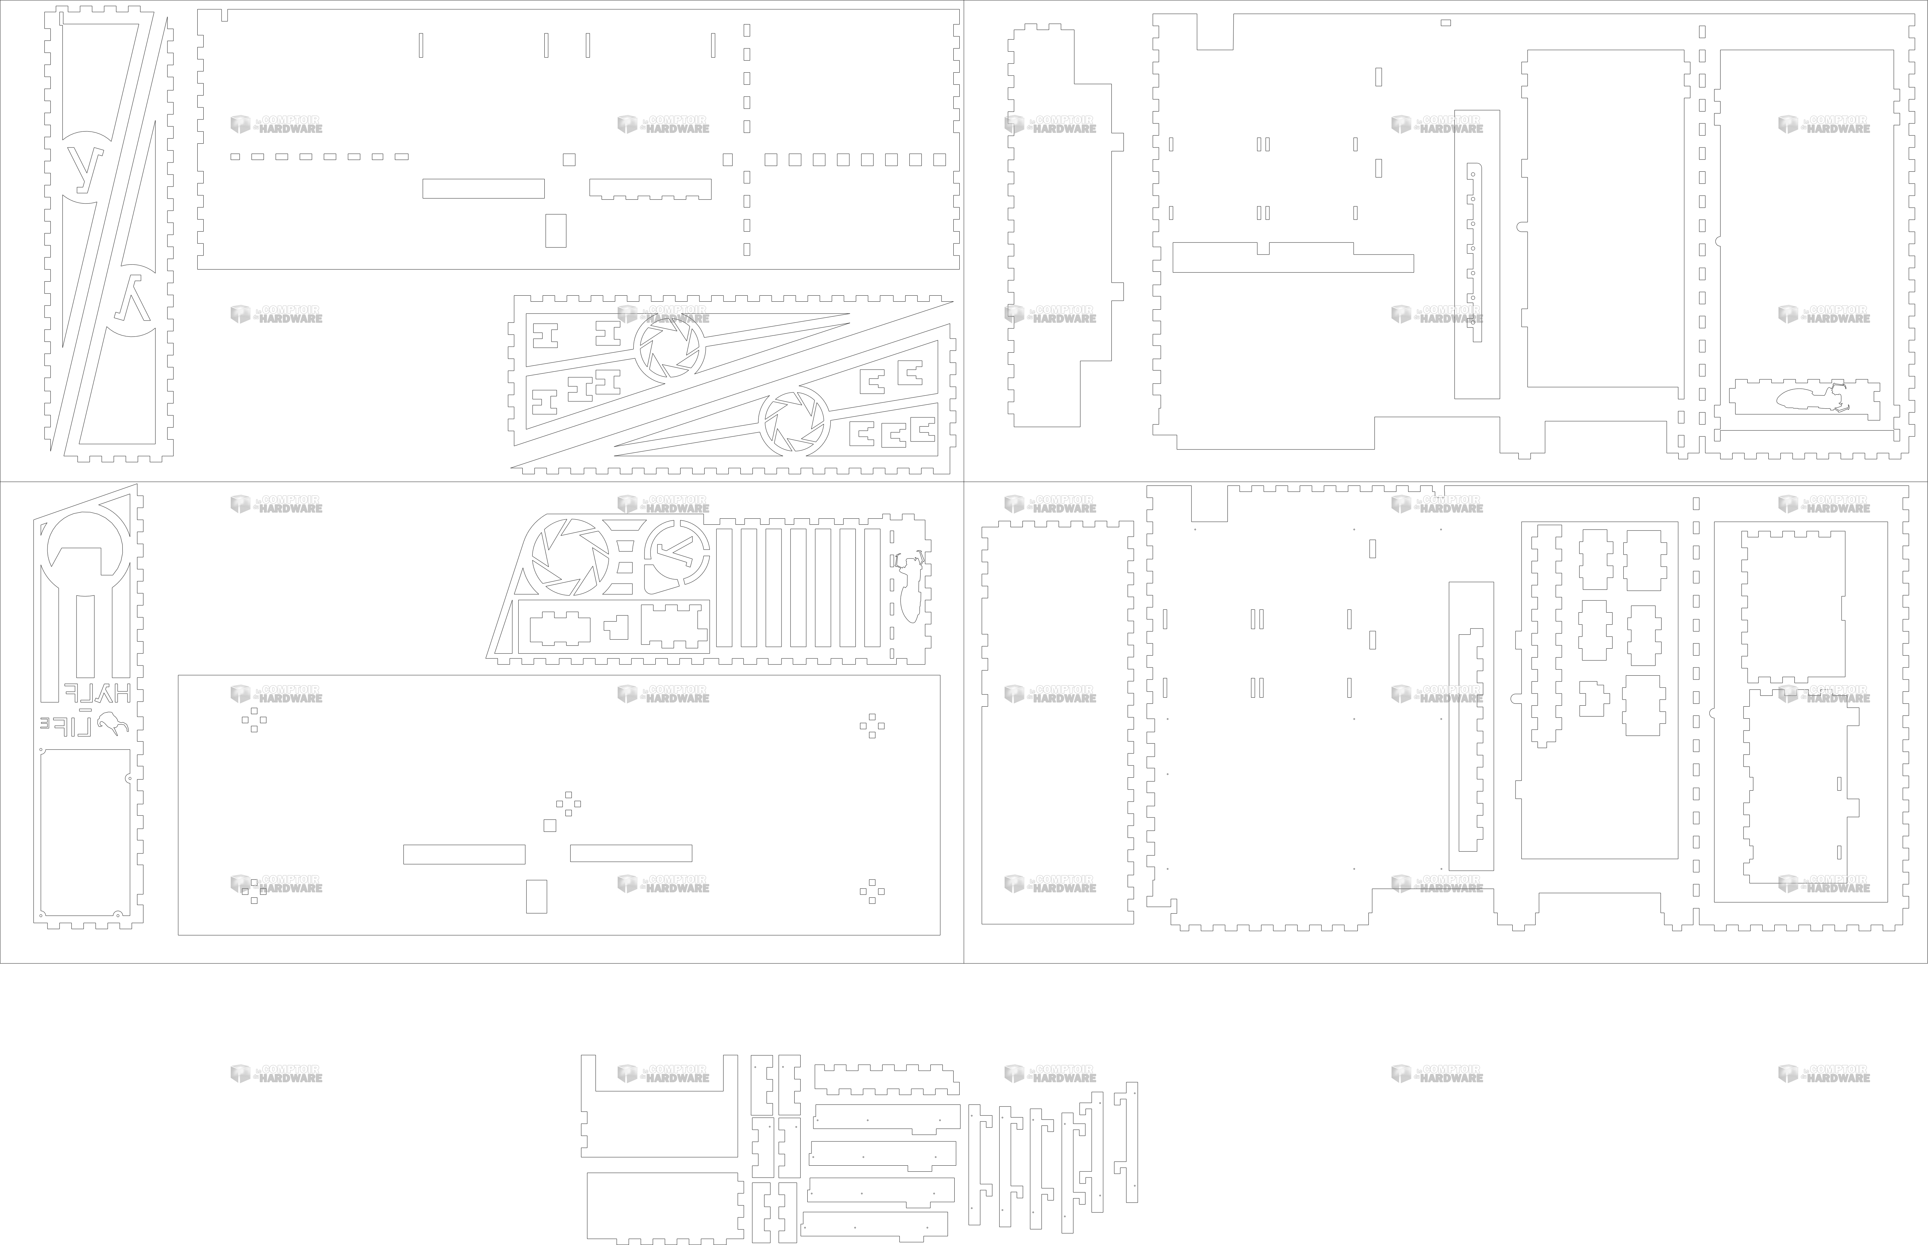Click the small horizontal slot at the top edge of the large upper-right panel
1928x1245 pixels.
(x=1445, y=23)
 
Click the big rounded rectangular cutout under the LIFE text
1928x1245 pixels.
(x=85, y=833)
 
